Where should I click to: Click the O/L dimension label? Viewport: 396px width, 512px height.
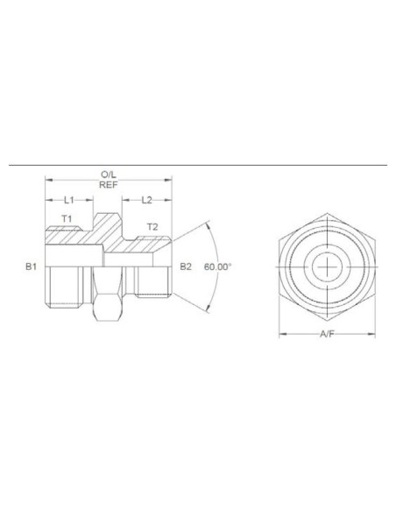point(109,176)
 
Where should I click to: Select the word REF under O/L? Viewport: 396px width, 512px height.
point(109,187)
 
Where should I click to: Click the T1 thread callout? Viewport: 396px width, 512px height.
point(66,218)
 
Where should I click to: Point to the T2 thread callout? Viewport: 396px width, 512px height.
point(152,226)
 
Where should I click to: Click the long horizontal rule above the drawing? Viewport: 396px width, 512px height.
point(198,165)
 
